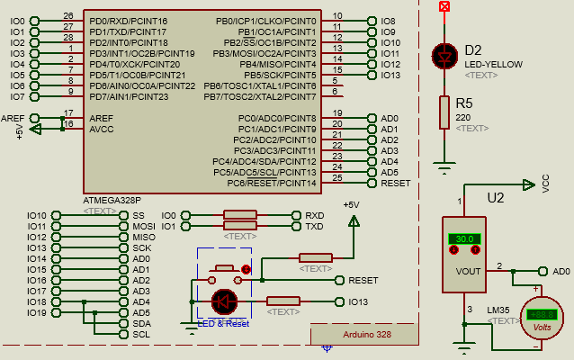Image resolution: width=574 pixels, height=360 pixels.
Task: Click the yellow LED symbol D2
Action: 443,55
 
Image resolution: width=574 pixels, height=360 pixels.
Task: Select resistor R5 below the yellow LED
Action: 443,113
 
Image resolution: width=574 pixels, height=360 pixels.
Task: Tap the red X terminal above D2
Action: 443,6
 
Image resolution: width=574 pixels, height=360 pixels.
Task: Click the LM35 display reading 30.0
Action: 465,238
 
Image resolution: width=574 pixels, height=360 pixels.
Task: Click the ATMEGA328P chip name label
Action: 112,199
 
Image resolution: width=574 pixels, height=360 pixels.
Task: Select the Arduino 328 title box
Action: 366,334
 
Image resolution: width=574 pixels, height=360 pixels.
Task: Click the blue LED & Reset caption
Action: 223,323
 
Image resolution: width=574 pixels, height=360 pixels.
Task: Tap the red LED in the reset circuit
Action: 224,301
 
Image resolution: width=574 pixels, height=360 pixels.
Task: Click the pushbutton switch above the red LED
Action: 225,268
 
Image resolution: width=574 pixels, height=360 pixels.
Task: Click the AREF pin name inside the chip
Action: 101,118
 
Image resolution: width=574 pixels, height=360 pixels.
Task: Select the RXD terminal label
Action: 315,216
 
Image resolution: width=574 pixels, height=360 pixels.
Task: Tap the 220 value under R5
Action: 463,118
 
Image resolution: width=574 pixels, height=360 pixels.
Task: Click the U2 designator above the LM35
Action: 495,197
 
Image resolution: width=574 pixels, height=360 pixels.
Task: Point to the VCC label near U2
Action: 545,184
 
